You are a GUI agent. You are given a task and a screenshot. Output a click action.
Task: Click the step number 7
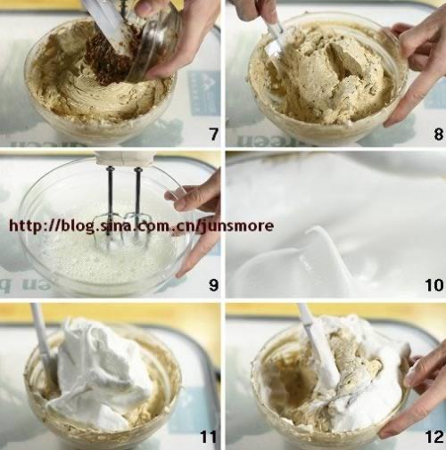(x=213, y=135)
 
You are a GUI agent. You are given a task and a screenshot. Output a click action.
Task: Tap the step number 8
(x=438, y=135)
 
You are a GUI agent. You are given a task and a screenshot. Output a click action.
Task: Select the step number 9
(x=213, y=285)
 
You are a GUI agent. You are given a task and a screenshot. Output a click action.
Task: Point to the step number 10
(x=434, y=285)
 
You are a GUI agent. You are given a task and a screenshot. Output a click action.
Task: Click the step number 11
(x=209, y=437)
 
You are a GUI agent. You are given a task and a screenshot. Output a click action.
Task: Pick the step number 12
(x=434, y=437)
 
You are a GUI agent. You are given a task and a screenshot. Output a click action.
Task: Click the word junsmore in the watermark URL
(x=236, y=225)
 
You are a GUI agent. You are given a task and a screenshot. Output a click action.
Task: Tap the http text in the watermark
(x=26, y=225)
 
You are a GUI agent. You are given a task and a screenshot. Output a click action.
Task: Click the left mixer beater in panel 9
(x=108, y=208)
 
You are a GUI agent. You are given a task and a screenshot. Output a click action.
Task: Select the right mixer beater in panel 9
(x=137, y=205)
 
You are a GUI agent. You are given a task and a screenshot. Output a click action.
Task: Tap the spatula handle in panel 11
(x=40, y=332)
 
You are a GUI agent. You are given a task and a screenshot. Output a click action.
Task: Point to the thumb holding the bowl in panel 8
(x=399, y=29)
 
